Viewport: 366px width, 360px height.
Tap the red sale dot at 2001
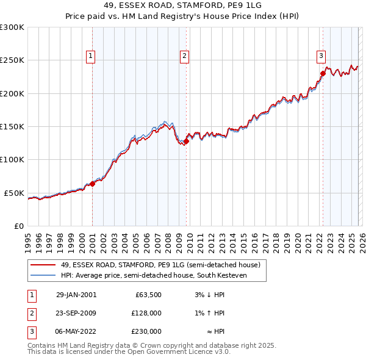[x=93, y=183]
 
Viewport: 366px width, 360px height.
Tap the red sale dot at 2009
[x=186, y=142]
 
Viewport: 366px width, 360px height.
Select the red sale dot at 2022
[x=323, y=74]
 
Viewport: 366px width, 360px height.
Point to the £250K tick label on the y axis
[x=12, y=60]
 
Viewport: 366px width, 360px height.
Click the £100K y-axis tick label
[x=12, y=160]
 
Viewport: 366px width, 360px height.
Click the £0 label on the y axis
[x=18, y=226]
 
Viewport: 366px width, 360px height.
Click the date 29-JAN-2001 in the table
[x=76, y=295]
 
